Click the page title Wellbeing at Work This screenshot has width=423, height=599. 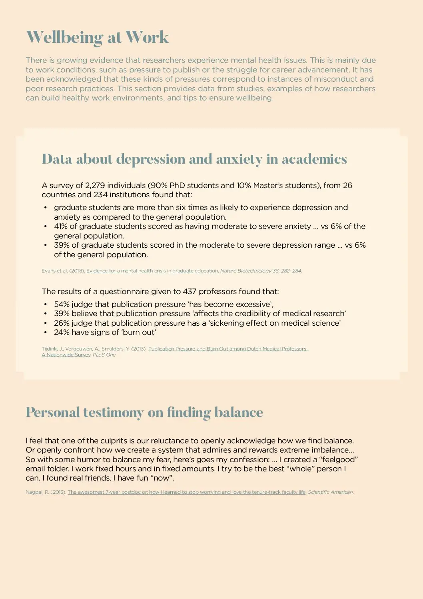tap(97, 37)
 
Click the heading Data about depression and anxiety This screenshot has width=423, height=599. tap(194, 159)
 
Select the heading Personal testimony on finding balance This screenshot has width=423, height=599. tap(144, 412)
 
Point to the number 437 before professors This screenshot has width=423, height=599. tap(190, 291)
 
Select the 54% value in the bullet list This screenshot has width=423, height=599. tap(62, 304)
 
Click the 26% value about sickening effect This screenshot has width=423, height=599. tap(62, 323)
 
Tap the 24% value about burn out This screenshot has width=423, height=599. tap(62, 333)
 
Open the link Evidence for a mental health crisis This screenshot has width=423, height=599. tap(152, 271)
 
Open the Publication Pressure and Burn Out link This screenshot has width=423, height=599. tap(228, 349)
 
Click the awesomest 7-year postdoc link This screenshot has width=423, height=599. tap(186, 492)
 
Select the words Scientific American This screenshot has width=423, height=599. tap(330, 492)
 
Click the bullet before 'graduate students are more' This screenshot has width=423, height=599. tap(46, 208)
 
